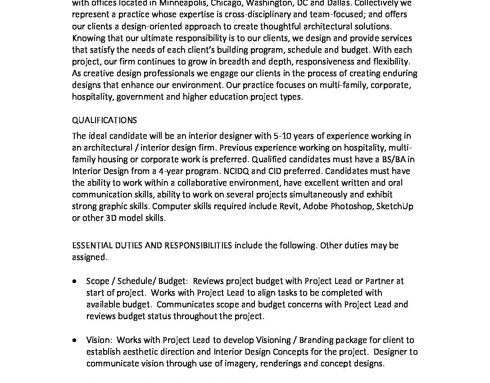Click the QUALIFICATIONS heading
pos(104,120)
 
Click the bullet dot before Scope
pos(74,281)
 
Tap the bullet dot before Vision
pos(74,340)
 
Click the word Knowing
pos(88,38)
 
